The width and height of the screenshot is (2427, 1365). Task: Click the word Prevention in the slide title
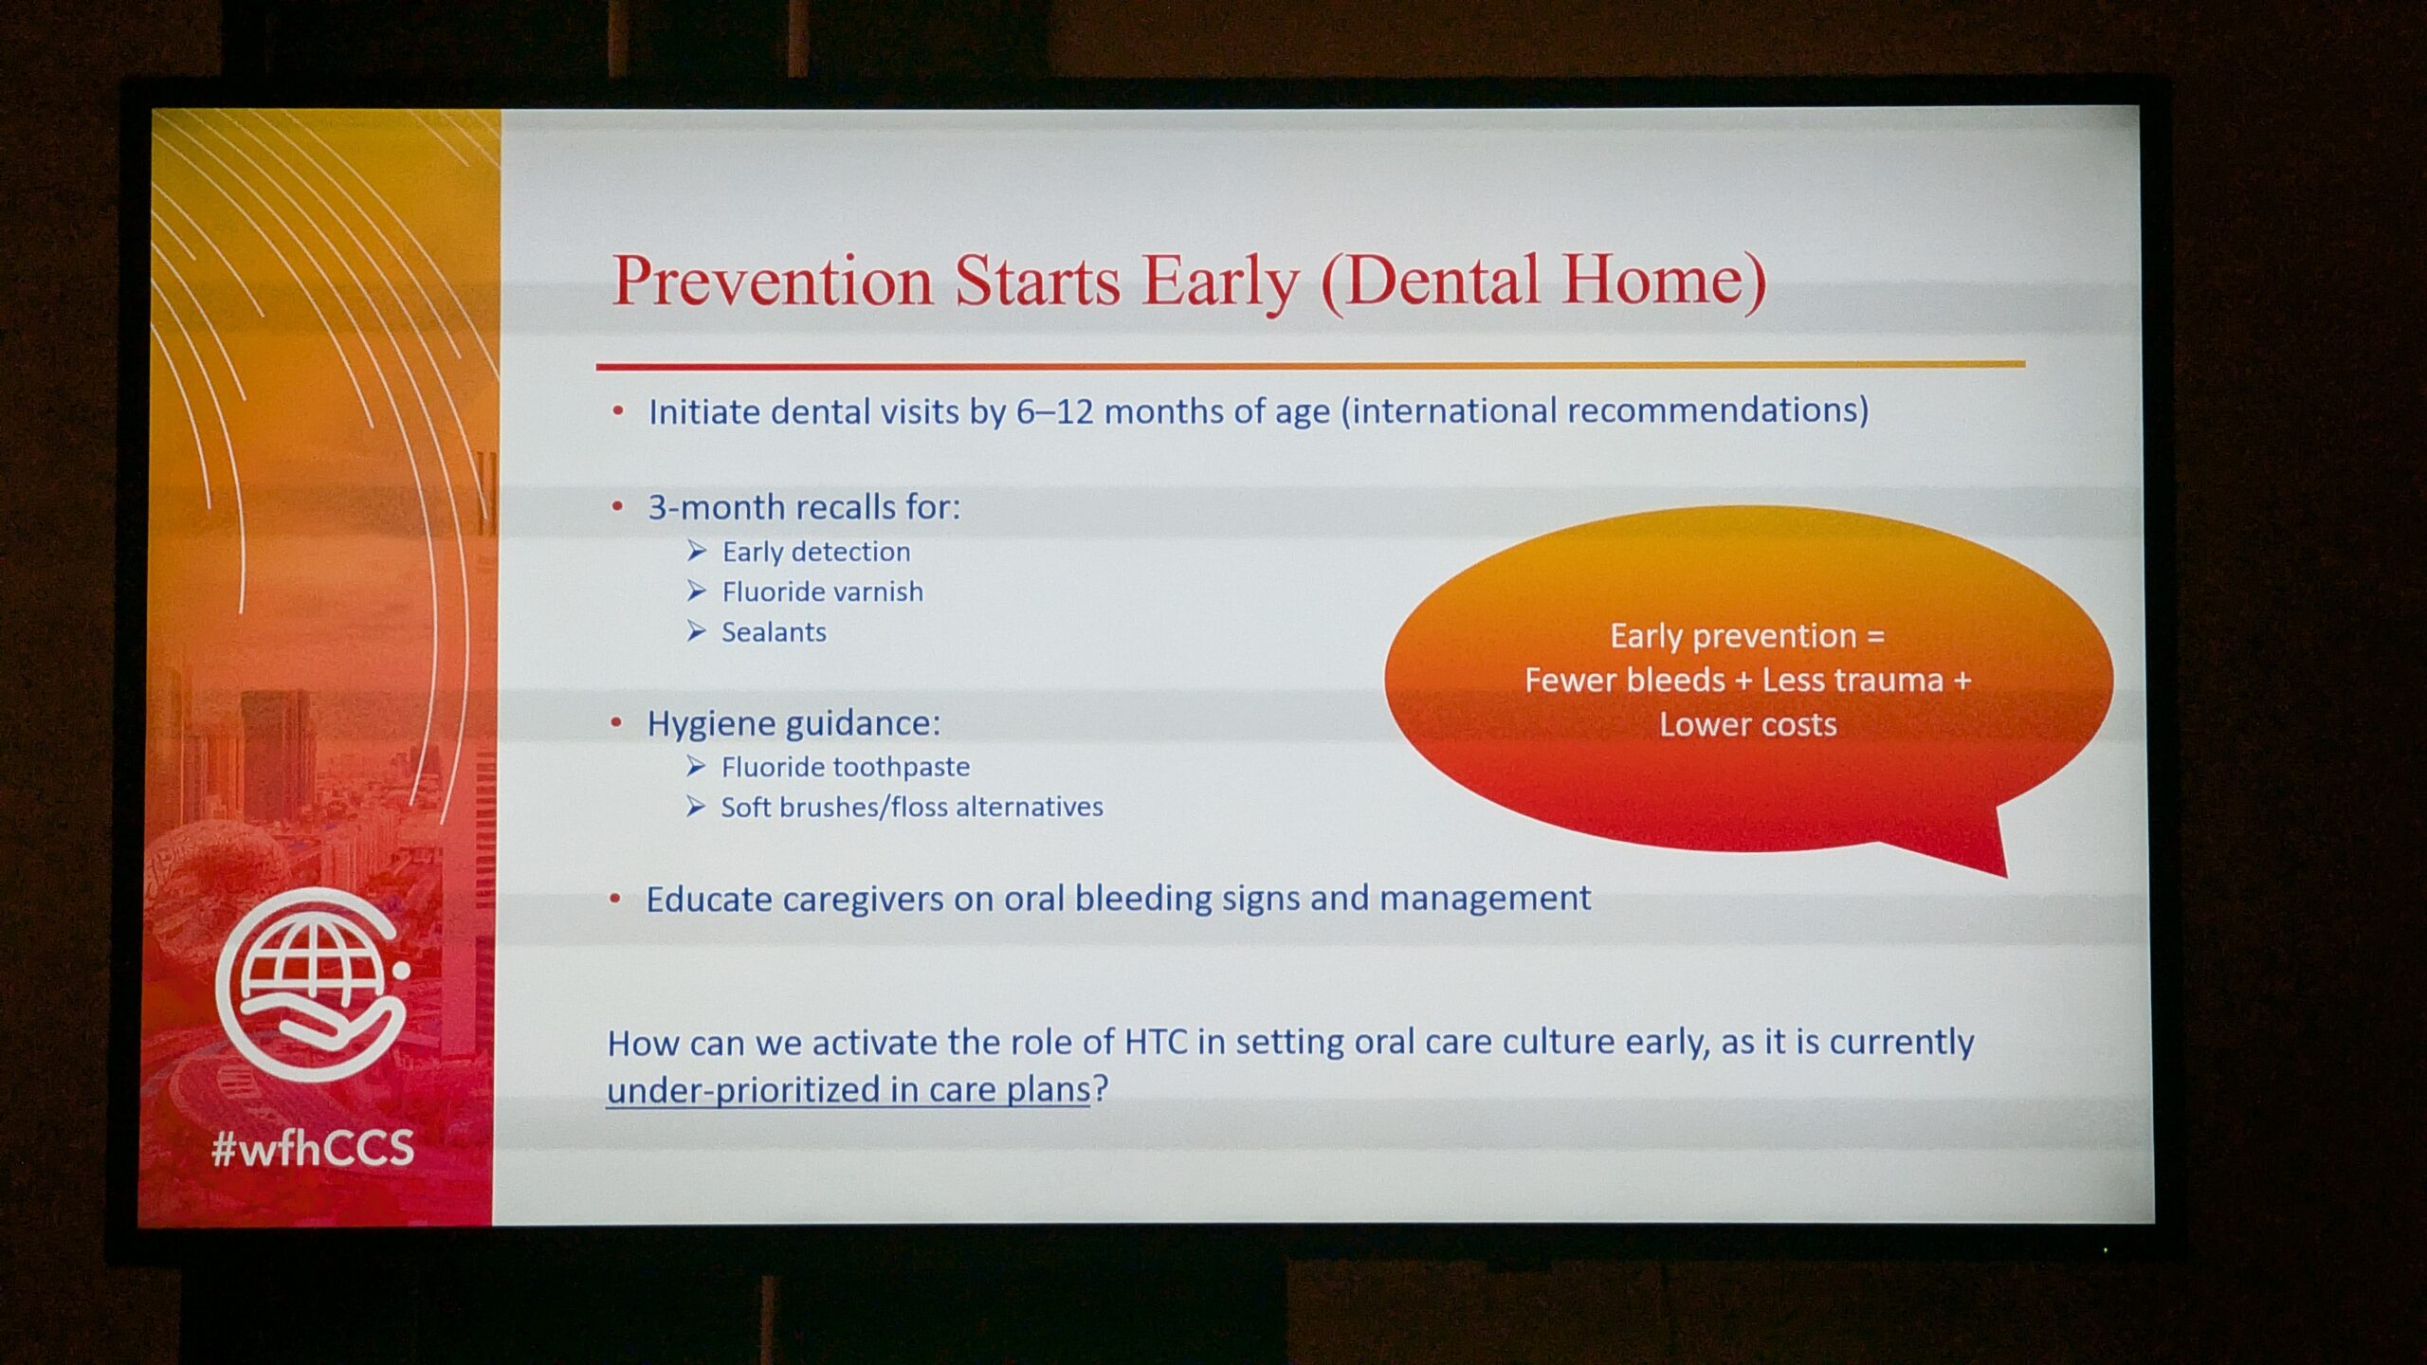(x=773, y=282)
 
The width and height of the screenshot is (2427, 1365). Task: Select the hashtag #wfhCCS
(x=313, y=1148)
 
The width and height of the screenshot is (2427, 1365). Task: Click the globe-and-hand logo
(x=313, y=986)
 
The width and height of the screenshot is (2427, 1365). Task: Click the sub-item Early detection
(x=815, y=552)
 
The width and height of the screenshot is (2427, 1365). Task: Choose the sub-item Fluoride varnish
(x=822, y=591)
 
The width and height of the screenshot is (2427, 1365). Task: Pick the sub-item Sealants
(x=774, y=632)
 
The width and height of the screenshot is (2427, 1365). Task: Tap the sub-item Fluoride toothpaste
(x=845, y=767)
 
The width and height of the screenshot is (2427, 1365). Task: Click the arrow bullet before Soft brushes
(x=696, y=807)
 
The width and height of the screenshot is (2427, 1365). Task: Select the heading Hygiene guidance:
(x=794, y=724)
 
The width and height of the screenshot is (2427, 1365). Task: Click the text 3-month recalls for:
(x=804, y=508)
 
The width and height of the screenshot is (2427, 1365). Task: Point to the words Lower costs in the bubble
(x=1747, y=725)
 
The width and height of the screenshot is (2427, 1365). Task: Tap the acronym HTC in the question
(x=1156, y=1043)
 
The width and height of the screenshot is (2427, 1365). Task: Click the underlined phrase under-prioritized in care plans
(x=849, y=1090)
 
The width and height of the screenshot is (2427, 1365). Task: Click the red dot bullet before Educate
(x=615, y=898)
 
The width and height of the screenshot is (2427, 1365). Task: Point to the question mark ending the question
(x=1100, y=1088)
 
